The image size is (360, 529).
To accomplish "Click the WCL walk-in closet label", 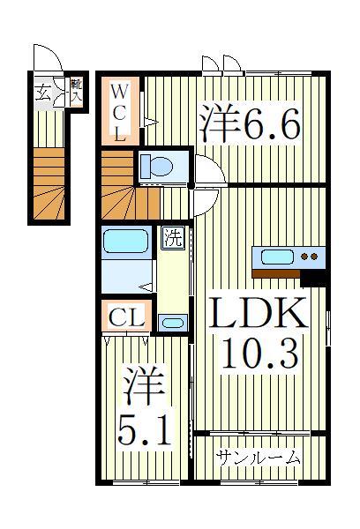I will [x=122, y=112].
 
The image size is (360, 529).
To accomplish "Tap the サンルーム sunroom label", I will [x=259, y=458].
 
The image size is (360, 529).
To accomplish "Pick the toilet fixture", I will [x=158, y=165].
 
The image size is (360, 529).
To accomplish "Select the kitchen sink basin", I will [x=275, y=257].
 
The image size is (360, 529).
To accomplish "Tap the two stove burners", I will [x=310, y=257].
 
